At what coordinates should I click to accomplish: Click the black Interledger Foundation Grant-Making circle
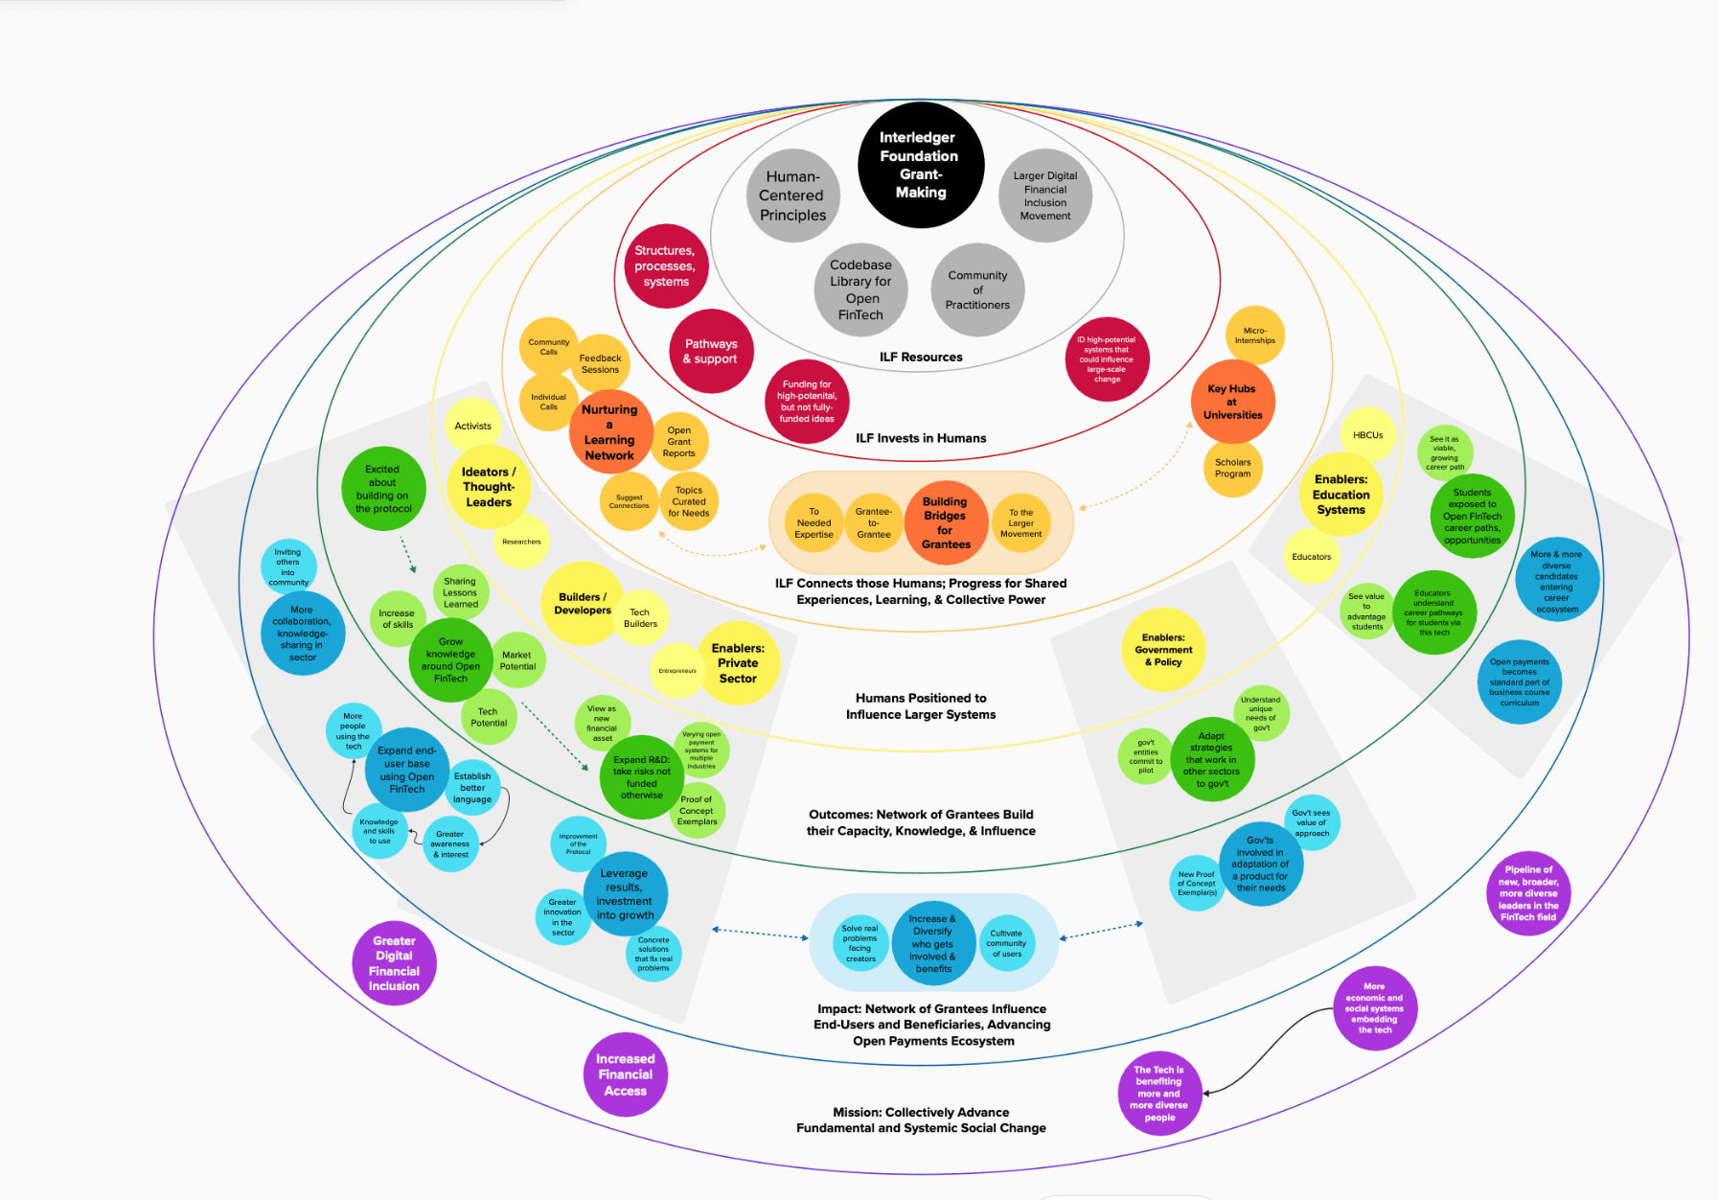(920, 165)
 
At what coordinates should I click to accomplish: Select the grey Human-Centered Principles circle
(792, 196)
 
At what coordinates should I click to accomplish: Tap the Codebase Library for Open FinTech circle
(860, 289)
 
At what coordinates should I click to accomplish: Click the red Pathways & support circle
(711, 351)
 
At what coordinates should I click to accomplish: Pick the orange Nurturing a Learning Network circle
(609, 432)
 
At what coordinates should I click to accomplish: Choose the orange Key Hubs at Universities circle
(1232, 402)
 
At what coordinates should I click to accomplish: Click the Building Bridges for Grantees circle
(945, 522)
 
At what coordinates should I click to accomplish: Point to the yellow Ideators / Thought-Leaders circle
(489, 487)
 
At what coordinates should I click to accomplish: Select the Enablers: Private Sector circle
(738, 663)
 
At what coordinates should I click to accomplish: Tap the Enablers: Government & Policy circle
(1163, 650)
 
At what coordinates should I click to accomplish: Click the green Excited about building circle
(383, 489)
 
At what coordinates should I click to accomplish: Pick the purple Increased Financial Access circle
(626, 1074)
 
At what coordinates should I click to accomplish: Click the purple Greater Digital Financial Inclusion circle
(394, 963)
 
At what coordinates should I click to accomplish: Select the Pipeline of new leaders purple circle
(1528, 893)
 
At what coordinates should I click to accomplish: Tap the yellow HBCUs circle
(1367, 435)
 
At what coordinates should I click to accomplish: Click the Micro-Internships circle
(1254, 335)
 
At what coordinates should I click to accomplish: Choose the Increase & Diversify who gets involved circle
(932, 944)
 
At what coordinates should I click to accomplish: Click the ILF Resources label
(921, 358)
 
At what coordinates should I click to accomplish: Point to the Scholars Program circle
(1233, 468)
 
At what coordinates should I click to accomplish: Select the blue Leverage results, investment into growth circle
(625, 894)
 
